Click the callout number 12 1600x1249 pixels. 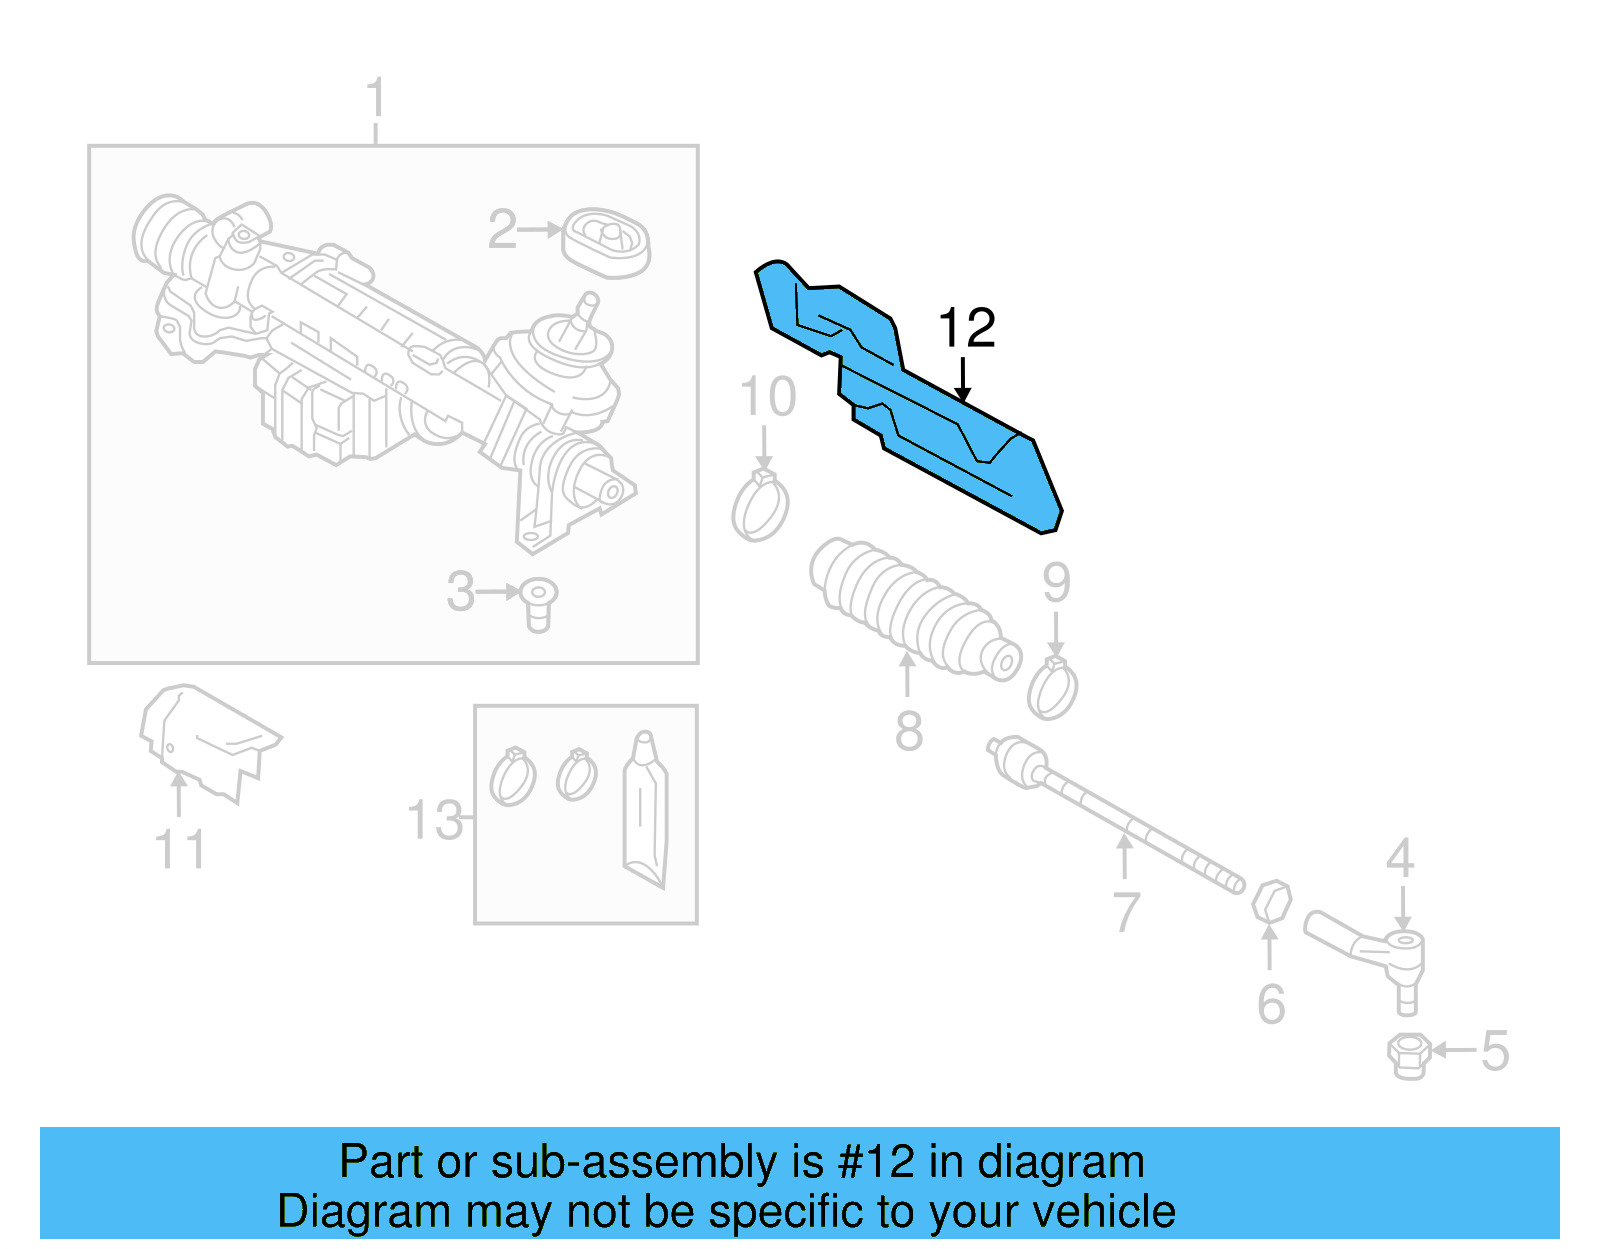(967, 328)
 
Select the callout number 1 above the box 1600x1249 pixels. (375, 99)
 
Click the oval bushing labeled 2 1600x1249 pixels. (606, 243)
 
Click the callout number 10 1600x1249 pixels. (768, 397)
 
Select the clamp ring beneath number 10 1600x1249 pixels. (760, 508)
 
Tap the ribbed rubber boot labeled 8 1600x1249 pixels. (910, 608)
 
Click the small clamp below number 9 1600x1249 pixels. (1052, 689)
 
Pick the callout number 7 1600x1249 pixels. (1126, 911)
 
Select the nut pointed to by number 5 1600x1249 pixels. (1408, 1056)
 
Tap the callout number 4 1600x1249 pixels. (1400, 858)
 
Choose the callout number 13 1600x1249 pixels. (435, 820)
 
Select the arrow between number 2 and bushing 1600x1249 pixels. (541, 230)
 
